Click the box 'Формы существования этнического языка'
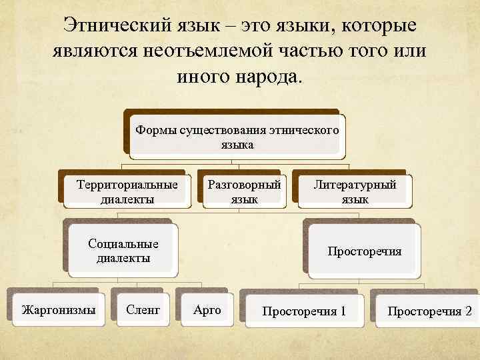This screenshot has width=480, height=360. pyautogui.click(x=237, y=136)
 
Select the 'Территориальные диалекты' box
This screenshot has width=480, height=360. pyautogui.click(x=127, y=191)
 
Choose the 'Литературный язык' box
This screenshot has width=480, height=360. pyautogui.click(x=355, y=191)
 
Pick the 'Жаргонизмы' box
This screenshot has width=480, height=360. pyautogui.click(x=58, y=309)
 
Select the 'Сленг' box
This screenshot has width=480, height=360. pyautogui.click(x=143, y=309)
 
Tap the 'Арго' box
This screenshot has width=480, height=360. pyautogui.click(x=207, y=309)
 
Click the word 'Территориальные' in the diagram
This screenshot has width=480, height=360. pyautogui.click(x=127, y=184)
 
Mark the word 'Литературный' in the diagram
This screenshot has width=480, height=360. pyautogui.click(x=355, y=184)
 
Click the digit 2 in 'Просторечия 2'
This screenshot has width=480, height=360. pyautogui.click(x=467, y=311)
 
